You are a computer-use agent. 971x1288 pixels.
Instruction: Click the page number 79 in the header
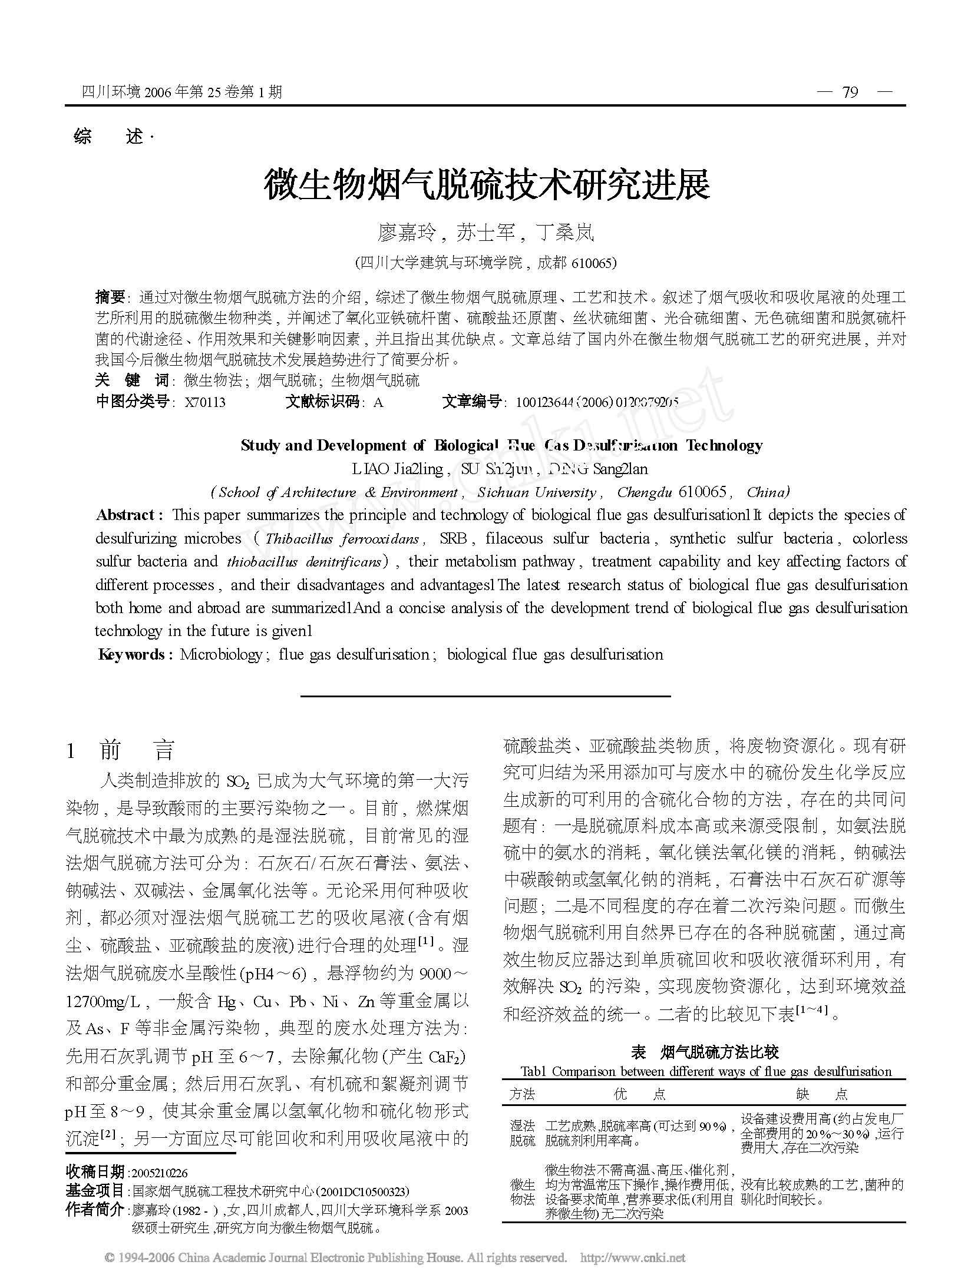tap(850, 92)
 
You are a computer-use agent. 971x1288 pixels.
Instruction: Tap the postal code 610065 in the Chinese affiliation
tap(592, 263)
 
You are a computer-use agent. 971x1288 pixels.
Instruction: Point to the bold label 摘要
tap(110, 296)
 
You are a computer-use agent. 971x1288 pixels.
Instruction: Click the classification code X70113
tap(204, 402)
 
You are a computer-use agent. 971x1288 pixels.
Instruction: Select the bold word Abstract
tap(126, 515)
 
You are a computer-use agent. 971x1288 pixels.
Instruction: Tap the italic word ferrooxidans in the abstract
tap(386, 538)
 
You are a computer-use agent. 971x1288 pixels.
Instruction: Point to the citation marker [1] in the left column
tap(425, 941)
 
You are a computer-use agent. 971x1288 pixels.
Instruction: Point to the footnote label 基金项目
tap(95, 1190)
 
